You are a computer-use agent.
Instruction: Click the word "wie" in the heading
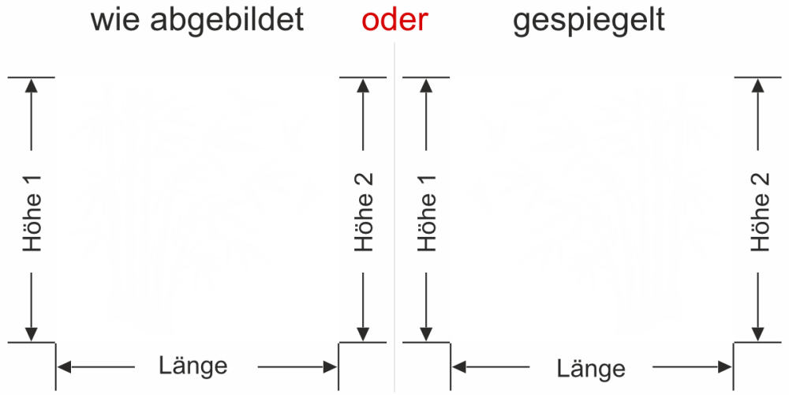(x=114, y=21)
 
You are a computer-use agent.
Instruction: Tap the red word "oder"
(x=395, y=21)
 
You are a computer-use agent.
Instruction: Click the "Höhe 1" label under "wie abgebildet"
(x=32, y=213)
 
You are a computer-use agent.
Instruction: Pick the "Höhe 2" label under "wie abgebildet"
(x=363, y=213)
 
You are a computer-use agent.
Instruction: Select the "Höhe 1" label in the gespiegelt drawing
(x=427, y=213)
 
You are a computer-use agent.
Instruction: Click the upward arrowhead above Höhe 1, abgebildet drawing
(x=32, y=85)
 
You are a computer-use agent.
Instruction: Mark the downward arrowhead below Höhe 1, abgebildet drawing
(x=32, y=334)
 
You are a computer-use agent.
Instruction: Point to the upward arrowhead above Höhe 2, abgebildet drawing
(x=363, y=85)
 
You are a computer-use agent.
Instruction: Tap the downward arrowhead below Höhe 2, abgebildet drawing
(x=363, y=334)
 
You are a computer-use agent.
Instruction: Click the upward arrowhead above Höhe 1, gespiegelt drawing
(x=426, y=85)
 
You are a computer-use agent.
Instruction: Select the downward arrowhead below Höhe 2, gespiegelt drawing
(x=757, y=334)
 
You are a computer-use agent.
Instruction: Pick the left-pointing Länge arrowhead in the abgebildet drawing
(x=64, y=367)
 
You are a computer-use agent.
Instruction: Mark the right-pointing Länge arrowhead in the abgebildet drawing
(x=330, y=367)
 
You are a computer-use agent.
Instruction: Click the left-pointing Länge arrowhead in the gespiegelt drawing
(x=459, y=367)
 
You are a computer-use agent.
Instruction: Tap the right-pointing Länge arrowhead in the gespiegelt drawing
(x=725, y=367)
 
